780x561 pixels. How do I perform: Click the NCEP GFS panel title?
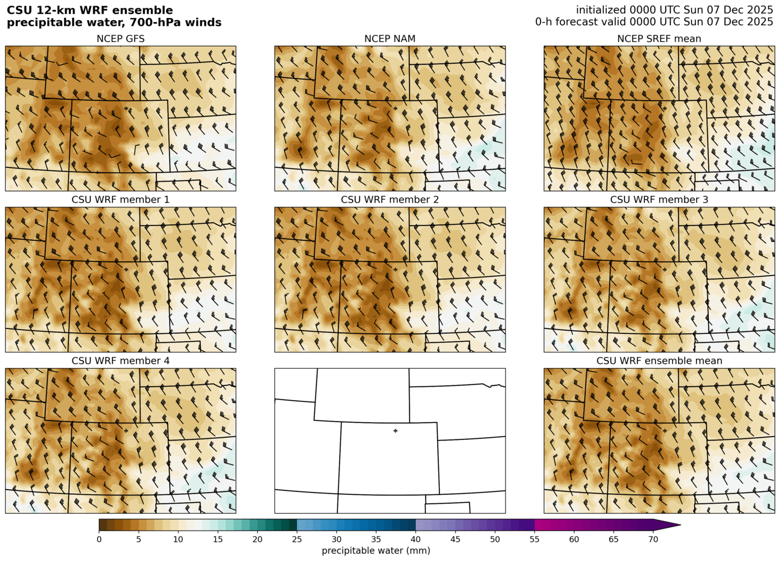(x=120, y=39)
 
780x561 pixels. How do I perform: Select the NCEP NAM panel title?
(x=390, y=39)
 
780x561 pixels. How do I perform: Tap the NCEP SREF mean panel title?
(x=659, y=39)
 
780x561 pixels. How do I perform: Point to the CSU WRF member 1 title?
(x=120, y=200)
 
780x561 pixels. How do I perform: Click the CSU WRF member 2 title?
(x=390, y=200)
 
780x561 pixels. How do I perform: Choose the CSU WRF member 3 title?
(x=659, y=200)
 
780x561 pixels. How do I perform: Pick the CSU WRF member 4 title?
(x=120, y=361)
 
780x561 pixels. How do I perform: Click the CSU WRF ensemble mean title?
(x=659, y=361)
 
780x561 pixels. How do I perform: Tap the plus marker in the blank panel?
(x=396, y=431)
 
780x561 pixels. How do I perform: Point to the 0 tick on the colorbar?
(x=99, y=539)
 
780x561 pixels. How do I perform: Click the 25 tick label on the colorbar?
(x=297, y=539)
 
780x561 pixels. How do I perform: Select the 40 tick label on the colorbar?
(x=416, y=539)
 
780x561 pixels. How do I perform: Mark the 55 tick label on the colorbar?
(x=535, y=539)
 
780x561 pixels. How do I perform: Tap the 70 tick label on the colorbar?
(x=653, y=539)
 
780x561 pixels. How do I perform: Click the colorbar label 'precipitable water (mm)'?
(x=376, y=551)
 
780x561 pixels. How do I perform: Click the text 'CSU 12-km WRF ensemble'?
(x=90, y=11)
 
